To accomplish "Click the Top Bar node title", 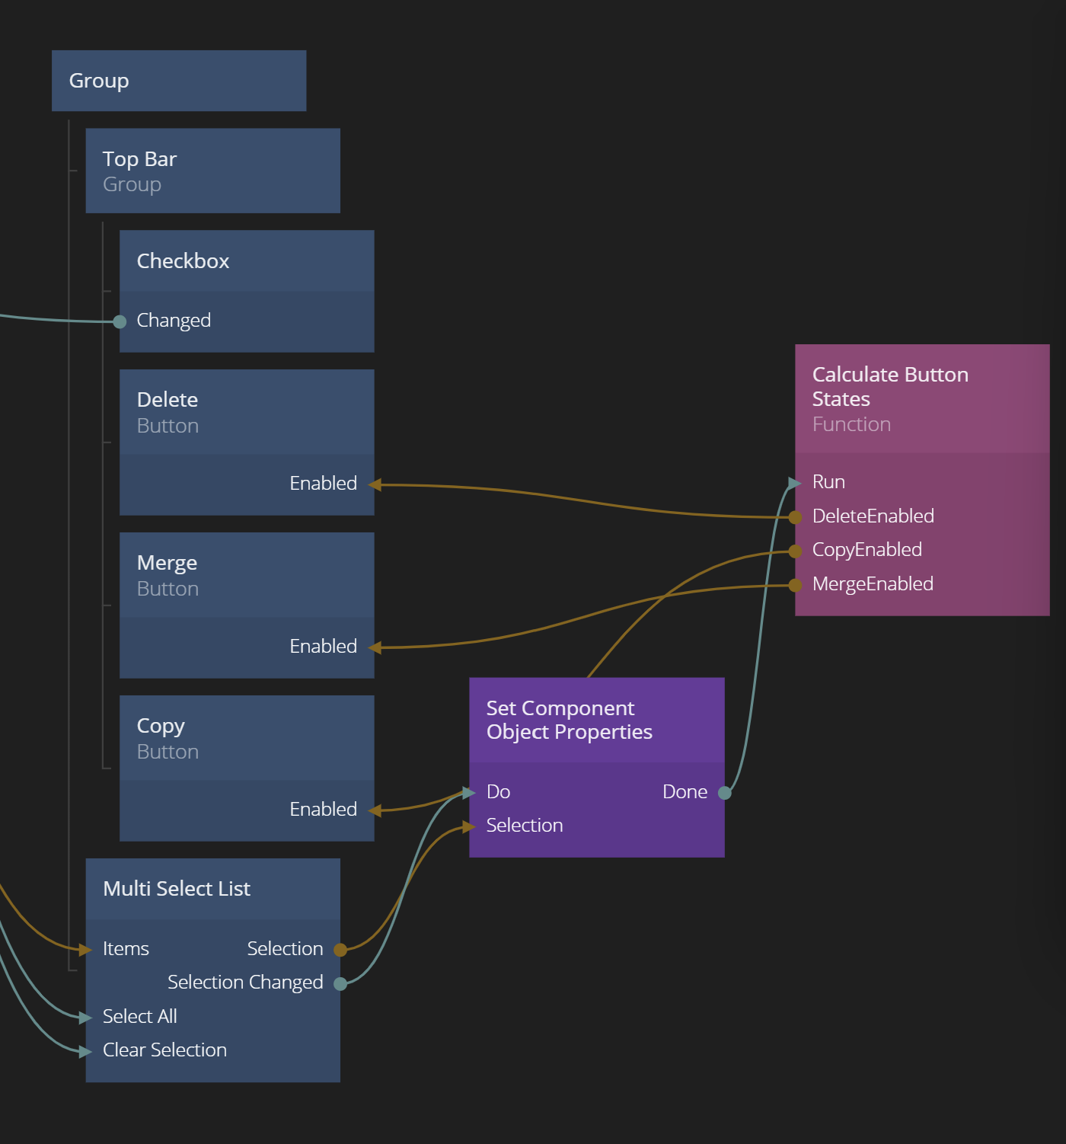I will (x=139, y=159).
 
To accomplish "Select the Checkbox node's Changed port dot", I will (x=120, y=321).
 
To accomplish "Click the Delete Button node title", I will (x=168, y=400).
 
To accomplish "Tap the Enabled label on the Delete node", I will (x=323, y=484).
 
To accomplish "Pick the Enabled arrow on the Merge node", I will (x=375, y=647).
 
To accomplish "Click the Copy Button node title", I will (x=161, y=726).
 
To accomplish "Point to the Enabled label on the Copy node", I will (x=323, y=810).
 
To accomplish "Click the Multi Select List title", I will (x=177, y=889).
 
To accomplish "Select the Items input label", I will (x=126, y=949).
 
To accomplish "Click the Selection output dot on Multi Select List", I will (x=340, y=950).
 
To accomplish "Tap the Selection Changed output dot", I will (x=340, y=983).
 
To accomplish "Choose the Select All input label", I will (x=140, y=1017).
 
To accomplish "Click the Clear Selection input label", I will (x=164, y=1050).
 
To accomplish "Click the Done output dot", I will (x=725, y=793).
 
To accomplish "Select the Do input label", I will (x=498, y=792).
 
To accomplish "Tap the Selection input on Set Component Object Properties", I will (x=525, y=826).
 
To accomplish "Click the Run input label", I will (x=828, y=482).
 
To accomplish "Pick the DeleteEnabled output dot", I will (x=796, y=517).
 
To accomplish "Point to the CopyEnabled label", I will (x=867, y=550).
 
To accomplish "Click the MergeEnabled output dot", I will (x=796, y=585).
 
